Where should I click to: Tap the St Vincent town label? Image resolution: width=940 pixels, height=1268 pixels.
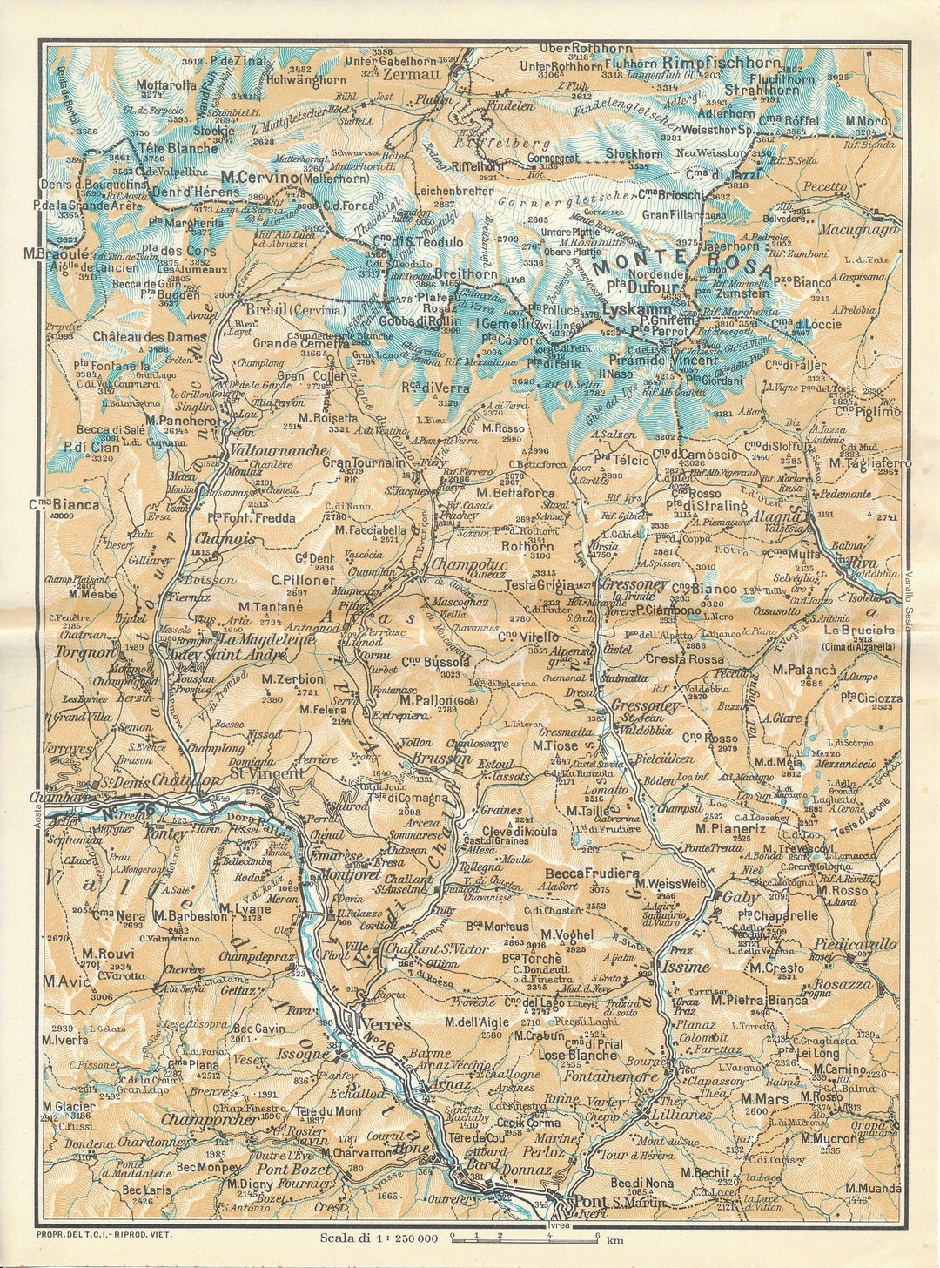pyautogui.click(x=267, y=772)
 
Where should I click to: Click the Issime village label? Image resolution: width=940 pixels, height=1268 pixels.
pyautogui.click(x=686, y=968)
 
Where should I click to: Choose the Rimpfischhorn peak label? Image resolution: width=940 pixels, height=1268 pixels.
pyautogui.click(x=722, y=64)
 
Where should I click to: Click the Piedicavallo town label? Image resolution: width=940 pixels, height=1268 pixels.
pyautogui.click(x=856, y=944)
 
